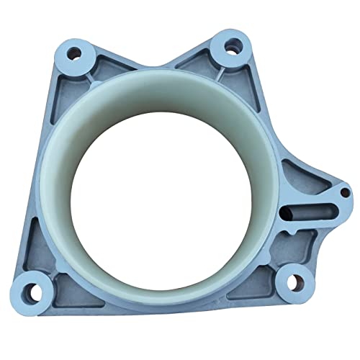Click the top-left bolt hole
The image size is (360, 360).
pos(73,53)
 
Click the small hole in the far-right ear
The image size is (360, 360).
pos(344,193)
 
